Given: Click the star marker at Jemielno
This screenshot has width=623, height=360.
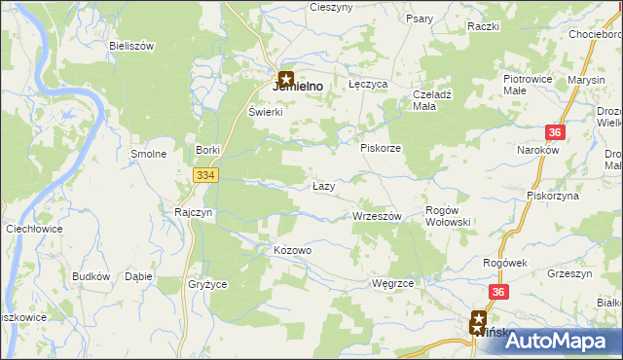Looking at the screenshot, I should [286, 78].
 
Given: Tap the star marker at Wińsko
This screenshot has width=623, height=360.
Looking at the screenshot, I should [479, 318].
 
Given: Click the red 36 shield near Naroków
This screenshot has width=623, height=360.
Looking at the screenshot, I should [555, 132].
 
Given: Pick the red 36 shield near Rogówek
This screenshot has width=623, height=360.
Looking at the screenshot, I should [498, 291].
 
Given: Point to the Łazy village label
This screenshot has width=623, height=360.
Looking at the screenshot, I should [325, 186].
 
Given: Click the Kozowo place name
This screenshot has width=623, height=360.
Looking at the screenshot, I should [292, 251].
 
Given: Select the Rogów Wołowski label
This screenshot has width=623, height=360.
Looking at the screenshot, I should [449, 216].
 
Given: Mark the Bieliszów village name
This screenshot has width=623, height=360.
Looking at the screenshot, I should [133, 47].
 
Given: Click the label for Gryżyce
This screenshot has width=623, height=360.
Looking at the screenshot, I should [206, 284].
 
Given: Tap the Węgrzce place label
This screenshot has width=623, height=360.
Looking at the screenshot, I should [393, 283].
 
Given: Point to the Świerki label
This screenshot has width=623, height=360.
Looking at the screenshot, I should [265, 112].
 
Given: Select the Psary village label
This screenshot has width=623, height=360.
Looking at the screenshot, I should [420, 18].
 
